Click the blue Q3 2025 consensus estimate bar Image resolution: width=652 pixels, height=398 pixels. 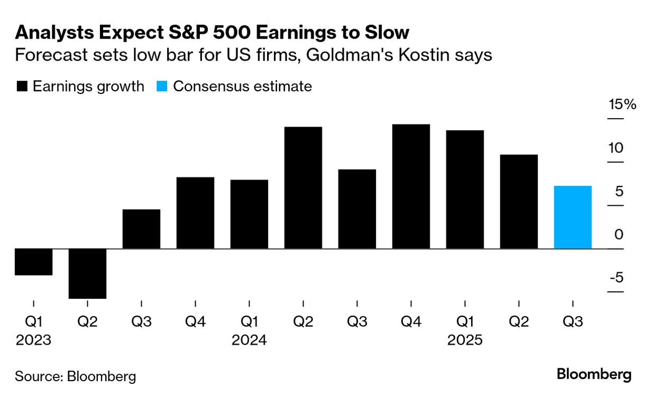click(573, 217)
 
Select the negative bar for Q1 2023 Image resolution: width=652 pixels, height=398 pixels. click(34, 261)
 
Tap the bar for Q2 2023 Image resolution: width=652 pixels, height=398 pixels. click(88, 273)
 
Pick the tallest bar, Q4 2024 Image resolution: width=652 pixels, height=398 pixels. click(411, 186)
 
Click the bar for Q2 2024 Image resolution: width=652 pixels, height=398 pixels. click(303, 187)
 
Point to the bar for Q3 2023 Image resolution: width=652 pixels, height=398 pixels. click(141, 229)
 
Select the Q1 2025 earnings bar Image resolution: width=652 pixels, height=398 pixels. click(465, 189)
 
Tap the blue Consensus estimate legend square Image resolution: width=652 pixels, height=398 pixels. click(162, 87)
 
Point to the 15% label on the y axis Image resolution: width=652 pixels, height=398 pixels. click(622, 104)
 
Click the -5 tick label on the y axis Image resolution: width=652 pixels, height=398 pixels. click(616, 278)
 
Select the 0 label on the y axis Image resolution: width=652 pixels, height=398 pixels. click(619, 234)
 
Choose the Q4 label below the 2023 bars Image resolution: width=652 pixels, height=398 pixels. click(195, 321)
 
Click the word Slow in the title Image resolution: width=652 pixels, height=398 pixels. click(385, 33)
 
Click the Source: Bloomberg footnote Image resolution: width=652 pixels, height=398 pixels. click(76, 376)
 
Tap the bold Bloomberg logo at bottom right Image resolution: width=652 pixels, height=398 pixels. click(594, 375)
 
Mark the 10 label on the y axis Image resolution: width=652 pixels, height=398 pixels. click(617, 147)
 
